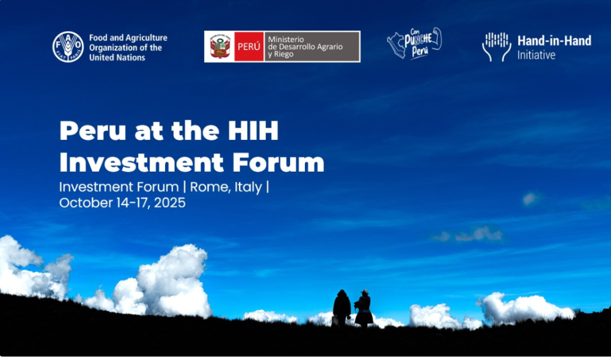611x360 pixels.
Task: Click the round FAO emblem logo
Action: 67,46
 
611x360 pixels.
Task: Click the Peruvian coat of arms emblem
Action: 219,46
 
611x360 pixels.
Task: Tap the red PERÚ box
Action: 249,46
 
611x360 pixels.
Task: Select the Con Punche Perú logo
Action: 414,43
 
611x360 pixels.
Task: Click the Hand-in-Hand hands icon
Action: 496,46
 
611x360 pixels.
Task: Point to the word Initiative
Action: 536,55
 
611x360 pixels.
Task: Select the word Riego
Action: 285,55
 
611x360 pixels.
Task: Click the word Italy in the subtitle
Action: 247,187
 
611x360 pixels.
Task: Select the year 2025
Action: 170,203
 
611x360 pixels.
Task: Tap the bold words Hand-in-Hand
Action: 554,41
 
